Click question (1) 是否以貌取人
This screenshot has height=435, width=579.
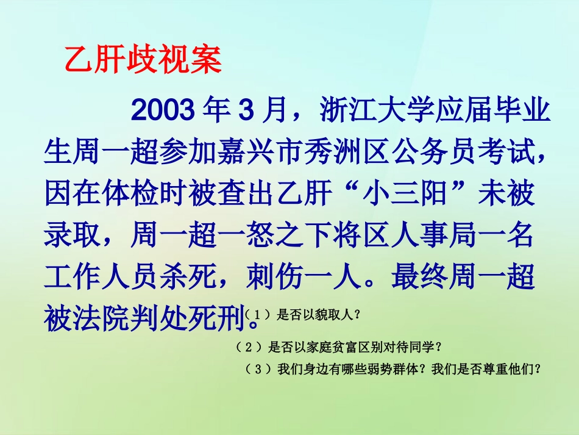click(317, 315)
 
